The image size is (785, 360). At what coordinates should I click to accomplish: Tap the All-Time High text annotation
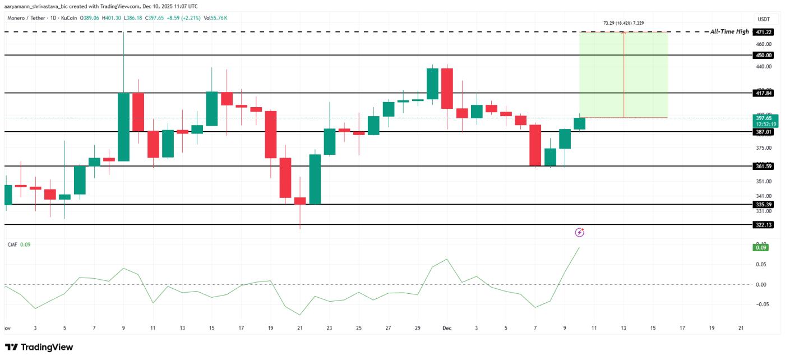[x=729, y=32]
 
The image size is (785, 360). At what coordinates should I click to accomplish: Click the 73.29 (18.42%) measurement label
[x=624, y=24]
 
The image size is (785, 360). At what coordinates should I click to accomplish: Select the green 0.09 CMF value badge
[x=761, y=247]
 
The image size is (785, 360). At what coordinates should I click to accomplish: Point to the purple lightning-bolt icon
[x=580, y=232]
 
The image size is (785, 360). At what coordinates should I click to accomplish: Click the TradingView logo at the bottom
[x=39, y=347]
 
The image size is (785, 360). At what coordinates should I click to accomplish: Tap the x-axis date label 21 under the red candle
[x=300, y=327]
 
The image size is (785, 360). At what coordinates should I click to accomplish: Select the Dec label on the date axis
[x=447, y=327]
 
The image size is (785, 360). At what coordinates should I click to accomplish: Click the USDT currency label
[x=763, y=19]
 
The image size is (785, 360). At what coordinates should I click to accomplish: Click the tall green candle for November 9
[x=123, y=127]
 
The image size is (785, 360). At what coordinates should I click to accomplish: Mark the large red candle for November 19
[x=271, y=135]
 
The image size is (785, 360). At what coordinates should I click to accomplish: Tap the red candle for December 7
[x=535, y=145]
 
